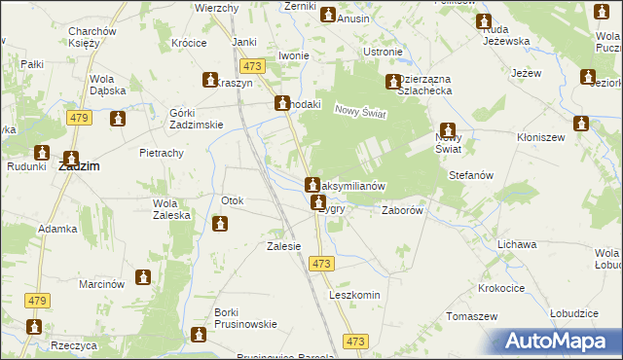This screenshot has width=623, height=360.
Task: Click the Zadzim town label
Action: tap(79, 166)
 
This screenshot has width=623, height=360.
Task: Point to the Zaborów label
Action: tap(402, 209)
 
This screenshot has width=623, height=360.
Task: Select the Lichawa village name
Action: tap(517, 244)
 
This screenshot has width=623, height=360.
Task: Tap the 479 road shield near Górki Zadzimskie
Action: tap(80, 118)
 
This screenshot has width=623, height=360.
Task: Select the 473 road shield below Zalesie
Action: tap(322, 264)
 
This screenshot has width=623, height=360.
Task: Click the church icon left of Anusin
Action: tap(328, 15)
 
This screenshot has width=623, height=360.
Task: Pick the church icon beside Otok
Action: tap(220, 225)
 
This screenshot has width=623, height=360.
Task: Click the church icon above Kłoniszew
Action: tap(582, 125)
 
